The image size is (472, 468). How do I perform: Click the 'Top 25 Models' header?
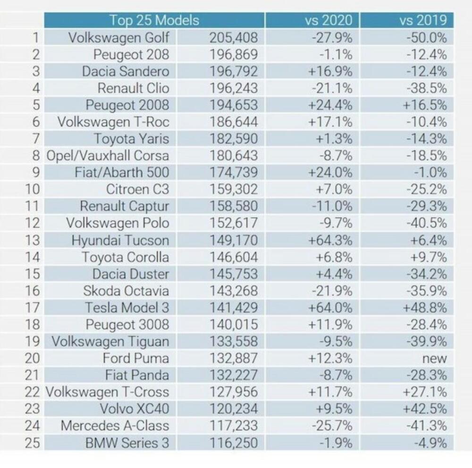(x=154, y=20)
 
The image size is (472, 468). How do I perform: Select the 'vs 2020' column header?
(x=329, y=20)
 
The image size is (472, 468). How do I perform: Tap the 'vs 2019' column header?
(x=422, y=20)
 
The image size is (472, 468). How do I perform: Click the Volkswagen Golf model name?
(x=118, y=37)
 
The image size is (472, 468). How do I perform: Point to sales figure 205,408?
(x=234, y=37)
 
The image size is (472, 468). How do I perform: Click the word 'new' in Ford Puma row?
(x=434, y=358)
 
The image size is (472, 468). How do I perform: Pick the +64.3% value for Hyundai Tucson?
(x=330, y=240)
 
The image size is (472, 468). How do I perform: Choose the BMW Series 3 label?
(x=127, y=443)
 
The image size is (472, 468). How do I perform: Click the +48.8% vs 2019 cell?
(x=424, y=308)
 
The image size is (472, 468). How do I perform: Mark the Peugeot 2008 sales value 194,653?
(x=234, y=105)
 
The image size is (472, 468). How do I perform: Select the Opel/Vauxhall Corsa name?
(x=107, y=156)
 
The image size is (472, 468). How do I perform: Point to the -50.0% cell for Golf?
(x=426, y=37)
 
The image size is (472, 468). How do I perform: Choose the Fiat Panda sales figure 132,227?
(x=234, y=375)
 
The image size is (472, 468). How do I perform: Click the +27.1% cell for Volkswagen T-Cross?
(x=424, y=392)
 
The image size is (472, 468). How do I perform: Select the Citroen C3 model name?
(x=137, y=189)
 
